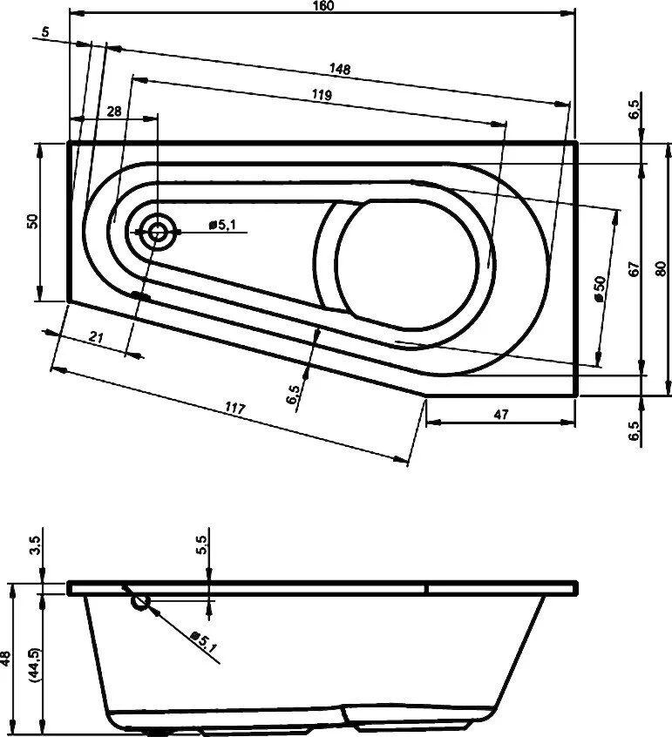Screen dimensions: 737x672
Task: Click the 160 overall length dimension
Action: [325, 6]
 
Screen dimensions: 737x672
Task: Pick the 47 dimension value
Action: [500, 414]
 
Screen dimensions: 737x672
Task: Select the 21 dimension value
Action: [98, 338]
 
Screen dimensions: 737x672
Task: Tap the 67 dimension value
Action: [635, 268]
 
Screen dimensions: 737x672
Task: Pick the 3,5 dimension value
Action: [35, 546]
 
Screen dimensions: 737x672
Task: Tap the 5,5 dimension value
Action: [200, 546]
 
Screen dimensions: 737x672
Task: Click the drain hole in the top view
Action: [158, 232]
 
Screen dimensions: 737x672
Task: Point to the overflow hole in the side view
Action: [141, 602]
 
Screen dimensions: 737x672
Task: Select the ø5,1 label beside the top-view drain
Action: [222, 226]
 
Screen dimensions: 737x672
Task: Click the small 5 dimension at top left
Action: [44, 32]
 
